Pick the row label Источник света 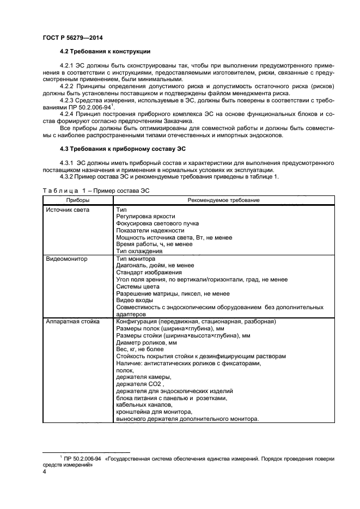[x=68, y=209]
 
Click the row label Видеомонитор [x=67, y=259]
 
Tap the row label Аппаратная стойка [x=72, y=322]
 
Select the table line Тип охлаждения [x=139, y=252]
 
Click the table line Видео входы [x=135, y=301]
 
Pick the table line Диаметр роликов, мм [x=147, y=343]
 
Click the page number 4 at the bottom [x=44, y=472]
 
